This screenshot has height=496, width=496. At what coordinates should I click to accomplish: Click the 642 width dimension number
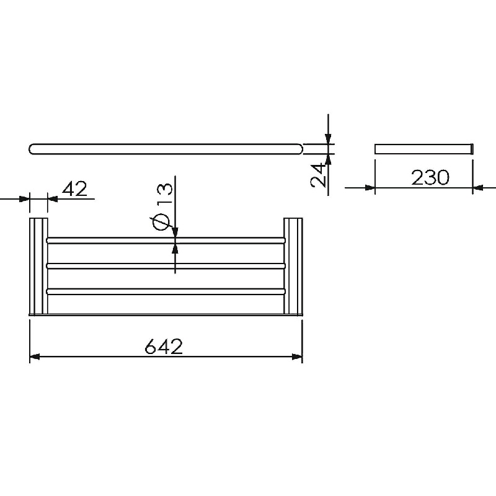pyautogui.click(x=164, y=347)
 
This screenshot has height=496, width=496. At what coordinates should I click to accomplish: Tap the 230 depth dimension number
pyautogui.click(x=430, y=177)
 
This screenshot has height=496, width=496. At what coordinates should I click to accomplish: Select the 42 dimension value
pyautogui.click(x=74, y=189)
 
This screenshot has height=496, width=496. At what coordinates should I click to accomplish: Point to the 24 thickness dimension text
pyautogui.click(x=318, y=175)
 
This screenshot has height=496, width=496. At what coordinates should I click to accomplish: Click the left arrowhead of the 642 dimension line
pyautogui.click(x=35, y=357)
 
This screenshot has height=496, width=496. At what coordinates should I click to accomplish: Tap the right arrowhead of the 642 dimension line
pyautogui.click(x=298, y=357)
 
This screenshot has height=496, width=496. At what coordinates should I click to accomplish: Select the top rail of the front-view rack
pyautogui.click(x=166, y=241)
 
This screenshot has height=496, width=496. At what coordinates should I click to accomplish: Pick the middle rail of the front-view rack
pyautogui.click(x=166, y=266)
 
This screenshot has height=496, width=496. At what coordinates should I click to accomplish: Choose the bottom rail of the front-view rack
pyautogui.click(x=166, y=291)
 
